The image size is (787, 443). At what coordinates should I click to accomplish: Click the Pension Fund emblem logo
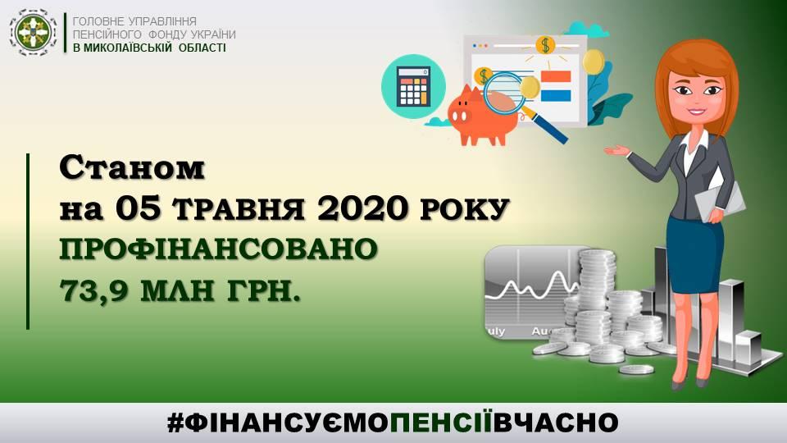(x=34, y=33)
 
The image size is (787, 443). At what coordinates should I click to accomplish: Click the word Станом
(x=133, y=169)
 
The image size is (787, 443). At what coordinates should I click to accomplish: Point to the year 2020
(x=362, y=208)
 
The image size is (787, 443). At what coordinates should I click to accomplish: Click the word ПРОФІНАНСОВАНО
(x=218, y=249)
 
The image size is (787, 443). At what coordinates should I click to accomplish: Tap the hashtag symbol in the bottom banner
(x=175, y=423)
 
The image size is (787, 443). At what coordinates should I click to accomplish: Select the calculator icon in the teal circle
(x=413, y=86)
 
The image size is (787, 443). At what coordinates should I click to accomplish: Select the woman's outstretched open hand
(x=616, y=150)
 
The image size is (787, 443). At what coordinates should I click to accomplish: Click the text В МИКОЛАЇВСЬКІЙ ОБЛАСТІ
(x=149, y=48)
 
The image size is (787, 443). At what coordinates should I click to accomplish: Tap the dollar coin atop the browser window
(x=545, y=45)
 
